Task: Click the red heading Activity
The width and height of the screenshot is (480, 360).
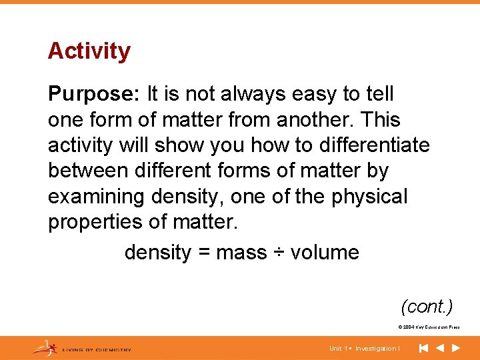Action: point(89,51)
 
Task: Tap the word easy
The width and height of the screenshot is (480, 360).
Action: point(315,95)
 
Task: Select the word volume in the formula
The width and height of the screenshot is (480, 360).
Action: point(325,253)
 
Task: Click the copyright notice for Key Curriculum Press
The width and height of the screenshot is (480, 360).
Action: point(429,327)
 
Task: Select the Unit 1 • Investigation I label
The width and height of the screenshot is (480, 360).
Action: point(364,349)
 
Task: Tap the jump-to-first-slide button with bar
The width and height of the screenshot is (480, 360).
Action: point(423,348)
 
